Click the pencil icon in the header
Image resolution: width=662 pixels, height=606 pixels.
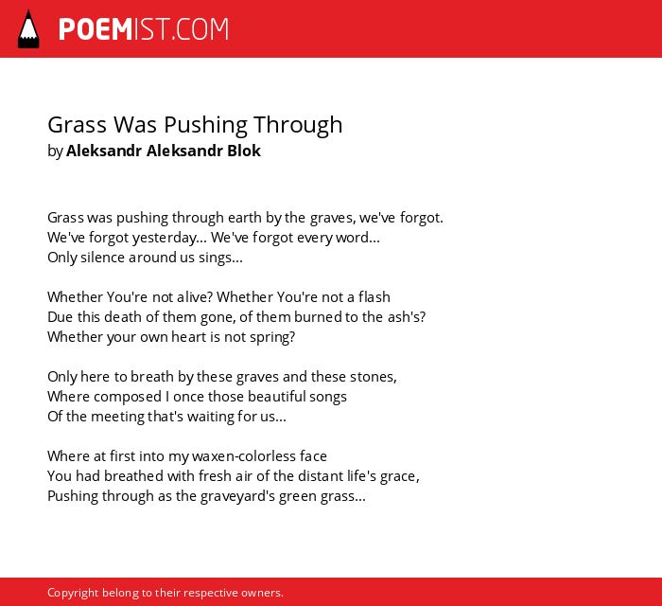pyautogui.click(x=28, y=29)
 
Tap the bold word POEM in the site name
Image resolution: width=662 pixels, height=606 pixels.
pyautogui.click(x=96, y=29)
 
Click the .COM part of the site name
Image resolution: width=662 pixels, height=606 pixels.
pyautogui.click(x=200, y=29)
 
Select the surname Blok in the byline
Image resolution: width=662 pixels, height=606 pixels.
pyautogui.click(x=244, y=151)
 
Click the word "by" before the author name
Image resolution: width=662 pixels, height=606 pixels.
pyautogui.click(x=55, y=151)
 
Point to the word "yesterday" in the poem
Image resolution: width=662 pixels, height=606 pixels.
pyautogui.click(x=165, y=238)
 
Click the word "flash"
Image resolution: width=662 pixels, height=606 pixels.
pyautogui.click(x=375, y=297)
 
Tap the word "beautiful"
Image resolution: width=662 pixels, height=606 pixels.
pyautogui.click(x=276, y=397)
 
